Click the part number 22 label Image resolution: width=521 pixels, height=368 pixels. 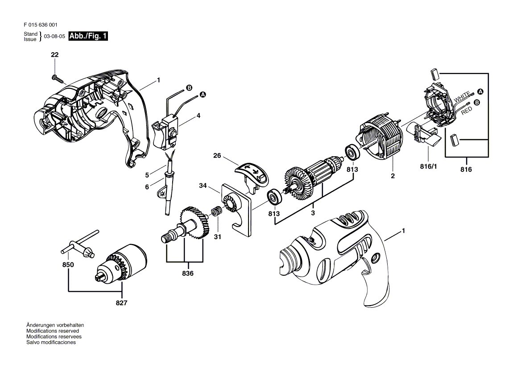pyautogui.click(x=55, y=55)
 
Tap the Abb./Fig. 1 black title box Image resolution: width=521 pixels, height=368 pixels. pyautogui.click(x=88, y=36)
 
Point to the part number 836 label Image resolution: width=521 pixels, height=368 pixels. pyautogui.click(x=188, y=273)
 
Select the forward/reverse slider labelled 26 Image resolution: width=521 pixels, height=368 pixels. pyautogui.click(x=251, y=174)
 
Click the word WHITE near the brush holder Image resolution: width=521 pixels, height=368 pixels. pyautogui.click(x=462, y=97)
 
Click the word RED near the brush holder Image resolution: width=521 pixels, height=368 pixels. pyautogui.click(x=467, y=111)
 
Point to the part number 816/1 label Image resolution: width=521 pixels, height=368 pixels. pyautogui.click(x=428, y=166)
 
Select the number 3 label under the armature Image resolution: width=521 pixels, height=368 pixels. pyautogui.click(x=313, y=213)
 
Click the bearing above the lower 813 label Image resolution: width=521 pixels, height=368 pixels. pyautogui.click(x=275, y=197)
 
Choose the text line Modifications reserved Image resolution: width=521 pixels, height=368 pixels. pyautogui.click(x=53, y=331)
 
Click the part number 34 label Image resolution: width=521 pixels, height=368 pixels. pyautogui.click(x=203, y=186)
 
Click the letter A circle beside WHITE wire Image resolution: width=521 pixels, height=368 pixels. pyautogui.click(x=480, y=92)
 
